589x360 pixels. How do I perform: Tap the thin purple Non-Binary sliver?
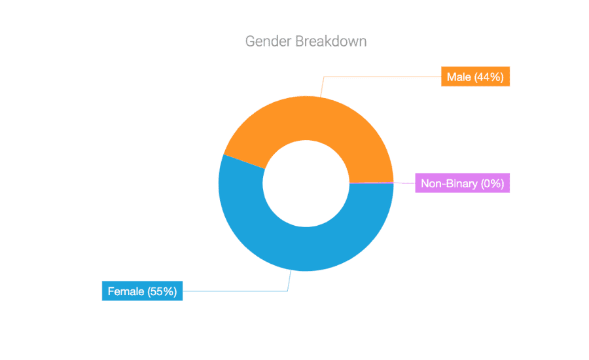[x=372, y=183]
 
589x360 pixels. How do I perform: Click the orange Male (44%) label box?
[x=475, y=77]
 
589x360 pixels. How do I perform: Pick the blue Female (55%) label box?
[x=142, y=291]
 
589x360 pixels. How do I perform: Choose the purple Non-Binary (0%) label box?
[x=462, y=183]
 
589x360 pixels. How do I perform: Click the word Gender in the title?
[x=268, y=41]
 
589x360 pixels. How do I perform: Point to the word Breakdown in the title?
[x=331, y=41]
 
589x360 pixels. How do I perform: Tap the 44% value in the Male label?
[x=489, y=77]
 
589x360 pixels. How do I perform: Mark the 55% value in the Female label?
[x=162, y=291]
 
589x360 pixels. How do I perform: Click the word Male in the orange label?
[x=459, y=77]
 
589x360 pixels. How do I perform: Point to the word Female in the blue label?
[x=126, y=291]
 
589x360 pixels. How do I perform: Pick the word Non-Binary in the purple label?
[x=449, y=183]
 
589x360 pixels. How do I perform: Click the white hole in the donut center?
[x=306, y=183]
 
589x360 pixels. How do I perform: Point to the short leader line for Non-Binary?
[x=404, y=183]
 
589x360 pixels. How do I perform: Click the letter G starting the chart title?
[x=250, y=41]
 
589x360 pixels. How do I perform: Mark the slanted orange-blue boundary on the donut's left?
[x=244, y=162]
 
